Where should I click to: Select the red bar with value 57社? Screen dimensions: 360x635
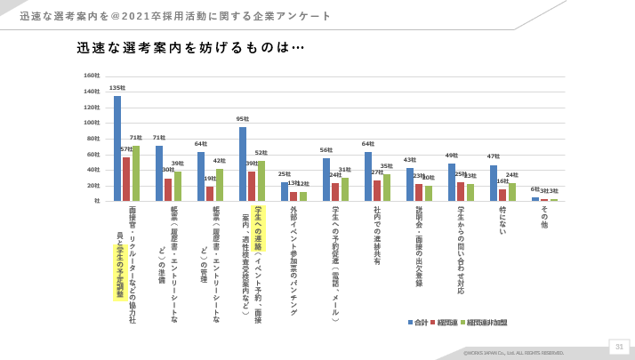coord(126,179)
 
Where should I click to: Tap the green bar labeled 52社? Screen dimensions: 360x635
coord(261,180)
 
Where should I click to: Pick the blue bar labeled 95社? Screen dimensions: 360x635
coord(243,164)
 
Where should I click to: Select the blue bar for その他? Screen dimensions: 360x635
coord(535,199)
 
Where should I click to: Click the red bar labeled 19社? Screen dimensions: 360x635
coord(210,193)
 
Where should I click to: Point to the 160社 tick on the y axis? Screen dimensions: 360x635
coord(92,76)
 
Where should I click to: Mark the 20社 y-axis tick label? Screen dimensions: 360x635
coord(93,185)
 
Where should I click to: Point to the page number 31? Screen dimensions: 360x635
coord(619,346)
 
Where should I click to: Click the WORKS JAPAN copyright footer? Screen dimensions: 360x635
coord(513,353)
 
